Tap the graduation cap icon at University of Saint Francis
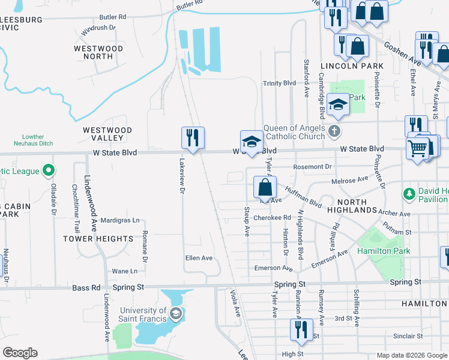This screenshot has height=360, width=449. point(175,313)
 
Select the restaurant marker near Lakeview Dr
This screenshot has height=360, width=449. point(193,138)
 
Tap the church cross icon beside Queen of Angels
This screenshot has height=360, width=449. point(335,130)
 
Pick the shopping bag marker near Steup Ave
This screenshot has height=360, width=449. point(265,187)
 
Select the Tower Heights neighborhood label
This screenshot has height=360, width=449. point(98,239)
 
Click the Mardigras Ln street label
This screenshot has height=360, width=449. point(120,220)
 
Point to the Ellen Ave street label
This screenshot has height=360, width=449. point(199,258)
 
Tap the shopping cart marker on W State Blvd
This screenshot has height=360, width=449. point(417,147)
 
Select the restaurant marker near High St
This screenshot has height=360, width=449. point(301,330)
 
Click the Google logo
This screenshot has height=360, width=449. point(20,353)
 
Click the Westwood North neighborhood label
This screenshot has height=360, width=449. point(98,52)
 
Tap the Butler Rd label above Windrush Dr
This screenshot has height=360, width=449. point(113,17)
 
